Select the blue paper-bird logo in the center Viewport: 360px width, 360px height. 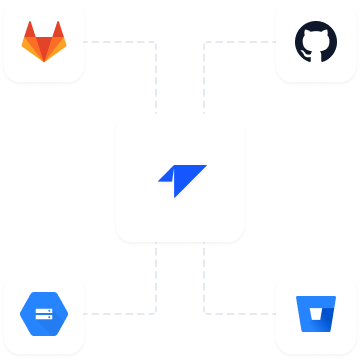pyautogui.click(x=180, y=180)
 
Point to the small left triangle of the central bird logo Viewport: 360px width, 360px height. pyautogui.click(x=166, y=177)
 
